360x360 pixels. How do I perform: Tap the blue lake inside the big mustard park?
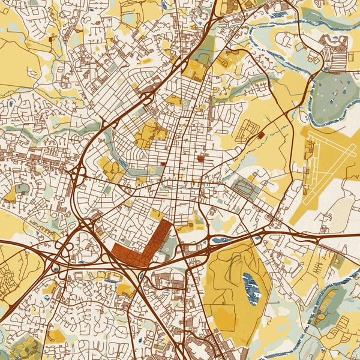click(250, 287)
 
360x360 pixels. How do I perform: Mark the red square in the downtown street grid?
click(200, 159)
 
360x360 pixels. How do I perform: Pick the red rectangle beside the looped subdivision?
click(260, 136)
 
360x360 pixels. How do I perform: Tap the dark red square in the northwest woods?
click(51, 38)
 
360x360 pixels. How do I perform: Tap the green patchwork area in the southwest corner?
click(24, 345)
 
